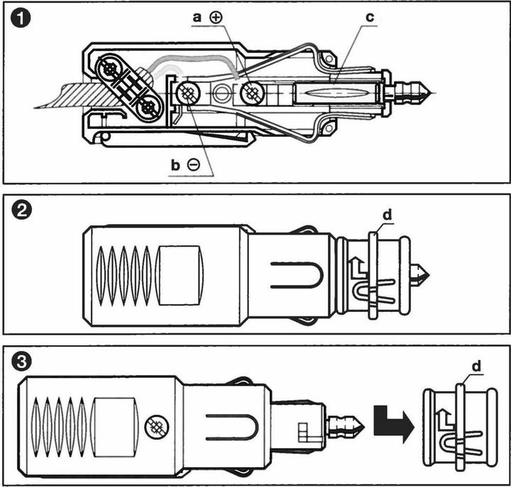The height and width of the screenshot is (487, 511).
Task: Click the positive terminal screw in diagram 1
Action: point(252,94)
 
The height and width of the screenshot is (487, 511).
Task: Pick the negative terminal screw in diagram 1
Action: point(189,93)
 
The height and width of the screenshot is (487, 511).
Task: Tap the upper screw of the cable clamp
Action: point(112,68)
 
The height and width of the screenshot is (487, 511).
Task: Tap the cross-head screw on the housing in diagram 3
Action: point(154,426)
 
